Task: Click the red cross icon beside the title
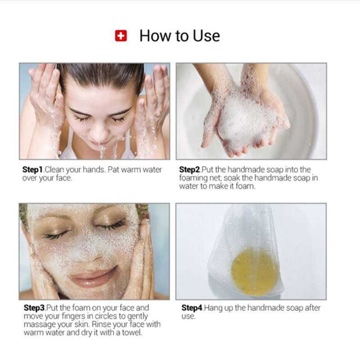click(x=121, y=36)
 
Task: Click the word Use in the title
click(x=206, y=36)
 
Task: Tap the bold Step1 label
click(x=32, y=170)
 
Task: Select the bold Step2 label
click(x=189, y=170)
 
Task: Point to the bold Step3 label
click(x=34, y=308)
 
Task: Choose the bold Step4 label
click(x=192, y=308)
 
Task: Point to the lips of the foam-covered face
click(x=93, y=277)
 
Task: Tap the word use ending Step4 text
click(x=188, y=317)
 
